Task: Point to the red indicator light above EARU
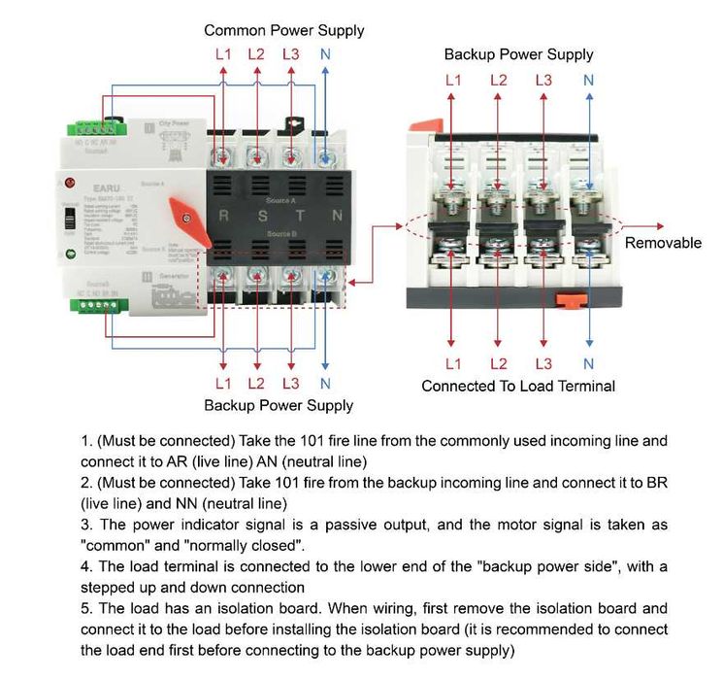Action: [69, 182]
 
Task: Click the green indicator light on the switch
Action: [70, 255]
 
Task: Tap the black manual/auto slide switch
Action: [69, 220]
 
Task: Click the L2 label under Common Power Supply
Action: [256, 54]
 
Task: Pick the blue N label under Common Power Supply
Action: [324, 54]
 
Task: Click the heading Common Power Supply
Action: [283, 30]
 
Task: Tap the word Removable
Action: [663, 243]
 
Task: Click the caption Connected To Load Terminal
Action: [517, 386]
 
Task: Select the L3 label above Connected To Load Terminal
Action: [543, 364]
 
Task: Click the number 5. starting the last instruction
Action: [86, 609]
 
